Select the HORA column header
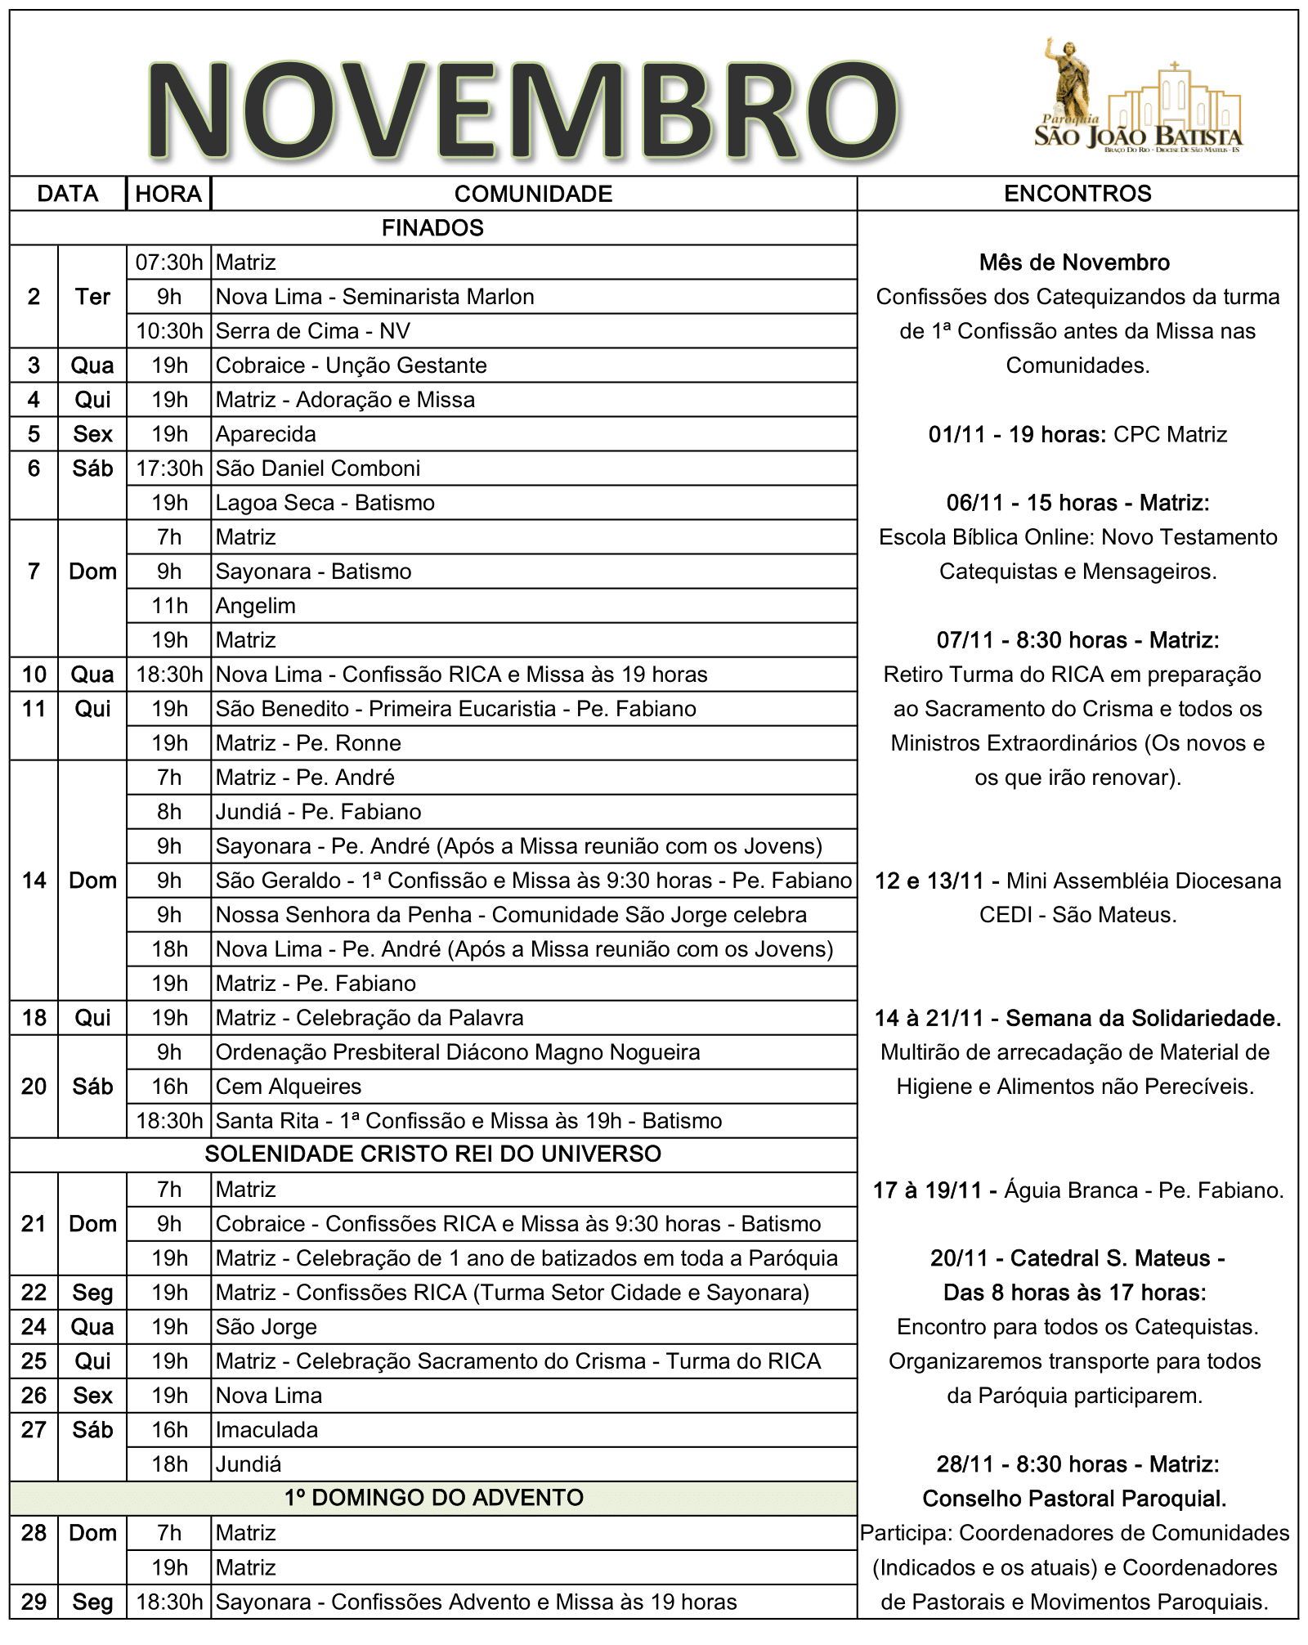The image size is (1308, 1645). point(168,194)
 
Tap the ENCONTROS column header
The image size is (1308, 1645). point(1077,194)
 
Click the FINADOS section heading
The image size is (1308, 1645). point(432,228)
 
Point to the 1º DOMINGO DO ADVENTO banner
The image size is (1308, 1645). point(433,1497)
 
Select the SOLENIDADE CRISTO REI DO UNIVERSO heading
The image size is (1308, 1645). point(432,1154)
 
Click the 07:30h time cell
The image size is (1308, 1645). point(169,262)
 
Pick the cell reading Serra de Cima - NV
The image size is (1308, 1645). point(313,331)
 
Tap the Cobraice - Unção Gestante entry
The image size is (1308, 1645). point(352,365)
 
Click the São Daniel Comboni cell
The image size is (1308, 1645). point(318,468)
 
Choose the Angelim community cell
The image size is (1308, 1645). point(256,606)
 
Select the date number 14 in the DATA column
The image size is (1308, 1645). point(34,881)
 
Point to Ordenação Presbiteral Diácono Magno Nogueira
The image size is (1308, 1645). point(458,1052)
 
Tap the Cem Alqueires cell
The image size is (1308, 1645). point(289,1087)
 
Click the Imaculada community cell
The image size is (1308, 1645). point(267,1430)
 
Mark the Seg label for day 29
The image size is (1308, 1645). point(92,1602)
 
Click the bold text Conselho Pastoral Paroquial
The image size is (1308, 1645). point(1074,1499)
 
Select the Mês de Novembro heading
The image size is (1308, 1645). point(1074,262)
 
